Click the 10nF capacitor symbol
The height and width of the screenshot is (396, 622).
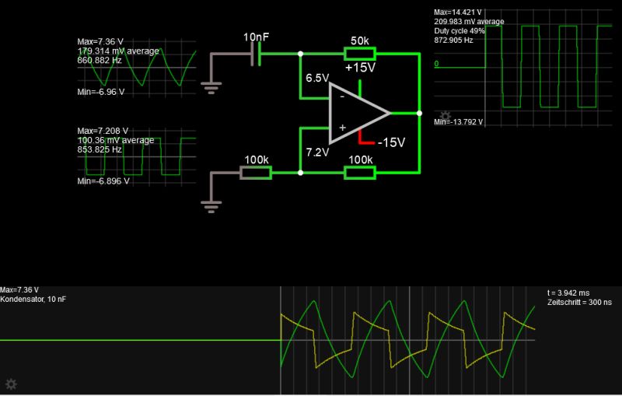[256, 54]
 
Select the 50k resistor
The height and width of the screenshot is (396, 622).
[360, 54]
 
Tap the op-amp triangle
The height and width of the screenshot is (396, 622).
[354, 114]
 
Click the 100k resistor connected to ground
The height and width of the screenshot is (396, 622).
[256, 173]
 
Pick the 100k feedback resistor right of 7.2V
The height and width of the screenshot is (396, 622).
[360, 173]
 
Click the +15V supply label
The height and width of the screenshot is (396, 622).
[360, 68]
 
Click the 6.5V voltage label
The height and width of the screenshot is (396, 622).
[317, 79]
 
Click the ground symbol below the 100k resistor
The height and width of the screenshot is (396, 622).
[209, 205]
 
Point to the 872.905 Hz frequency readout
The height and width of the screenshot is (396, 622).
[453, 40]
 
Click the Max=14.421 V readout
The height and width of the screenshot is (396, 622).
[458, 12]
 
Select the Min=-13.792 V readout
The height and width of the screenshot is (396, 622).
[459, 122]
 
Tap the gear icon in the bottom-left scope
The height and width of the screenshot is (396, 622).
[11, 384]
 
